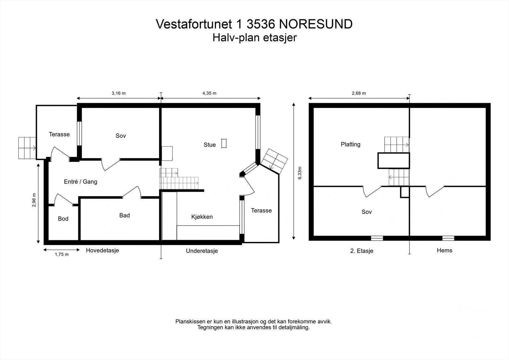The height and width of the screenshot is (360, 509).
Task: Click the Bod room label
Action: [x=63, y=219]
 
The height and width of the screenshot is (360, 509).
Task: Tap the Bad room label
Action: [x=124, y=215]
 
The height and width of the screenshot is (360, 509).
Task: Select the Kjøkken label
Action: [x=202, y=217]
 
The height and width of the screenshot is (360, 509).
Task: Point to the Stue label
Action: [x=210, y=145]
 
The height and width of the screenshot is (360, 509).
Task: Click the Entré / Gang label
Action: [x=80, y=182]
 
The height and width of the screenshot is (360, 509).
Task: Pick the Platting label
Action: [x=351, y=144]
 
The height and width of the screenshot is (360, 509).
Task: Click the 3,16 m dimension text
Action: [x=118, y=93]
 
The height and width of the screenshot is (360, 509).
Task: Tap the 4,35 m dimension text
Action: [x=209, y=93]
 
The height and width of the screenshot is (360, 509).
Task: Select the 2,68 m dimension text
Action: [x=359, y=93]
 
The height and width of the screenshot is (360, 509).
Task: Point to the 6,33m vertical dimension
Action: [x=299, y=173]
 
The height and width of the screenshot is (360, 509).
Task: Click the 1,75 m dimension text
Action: [x=62, y=254]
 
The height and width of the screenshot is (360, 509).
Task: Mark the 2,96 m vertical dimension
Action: [x=34, y=200]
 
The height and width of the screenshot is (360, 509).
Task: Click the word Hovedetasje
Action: [x=102, y=250]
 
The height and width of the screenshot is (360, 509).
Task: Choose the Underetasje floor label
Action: [x=202, y=251]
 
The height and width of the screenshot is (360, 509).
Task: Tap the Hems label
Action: [x=444, y=250]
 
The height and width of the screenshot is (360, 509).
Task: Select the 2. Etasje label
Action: [x=361, y=251]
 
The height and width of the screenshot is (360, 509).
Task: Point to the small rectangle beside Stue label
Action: [x=224, y=143]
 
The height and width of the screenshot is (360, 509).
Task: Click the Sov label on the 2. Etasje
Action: [x=366, y=212]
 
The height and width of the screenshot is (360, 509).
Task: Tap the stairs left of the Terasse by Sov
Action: [x=27, y=148]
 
